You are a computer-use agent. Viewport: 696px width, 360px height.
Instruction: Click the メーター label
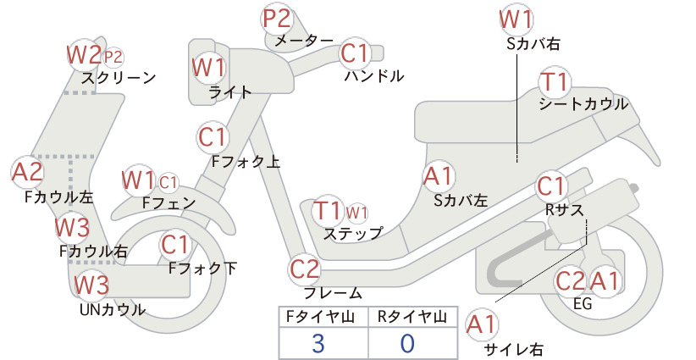(304, 41)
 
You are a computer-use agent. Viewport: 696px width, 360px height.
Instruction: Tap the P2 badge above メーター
(277, 19)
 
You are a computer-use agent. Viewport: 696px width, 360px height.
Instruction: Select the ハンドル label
(374, 76)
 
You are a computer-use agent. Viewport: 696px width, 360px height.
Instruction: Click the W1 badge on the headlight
(208, 68)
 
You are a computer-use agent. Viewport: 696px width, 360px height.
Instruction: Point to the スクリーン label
(119, 78)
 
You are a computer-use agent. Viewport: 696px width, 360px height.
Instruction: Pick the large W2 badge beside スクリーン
(84, 55)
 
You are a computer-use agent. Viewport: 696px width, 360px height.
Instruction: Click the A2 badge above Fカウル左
(28, 172)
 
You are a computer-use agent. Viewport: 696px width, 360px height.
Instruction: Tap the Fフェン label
(168, 202)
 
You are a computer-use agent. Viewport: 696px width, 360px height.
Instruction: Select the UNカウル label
(113, 309)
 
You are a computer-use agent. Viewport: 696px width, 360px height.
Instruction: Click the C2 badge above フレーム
(305, 269)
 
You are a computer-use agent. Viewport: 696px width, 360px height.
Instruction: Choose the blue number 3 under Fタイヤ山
(318, 344)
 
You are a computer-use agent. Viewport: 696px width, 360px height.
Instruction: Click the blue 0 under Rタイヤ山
(407, 344)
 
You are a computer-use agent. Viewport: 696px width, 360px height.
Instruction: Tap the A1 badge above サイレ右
(482, 324)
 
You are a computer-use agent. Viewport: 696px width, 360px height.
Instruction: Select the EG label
(583, 303)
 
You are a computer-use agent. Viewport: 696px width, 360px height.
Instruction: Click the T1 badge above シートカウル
(555, 82)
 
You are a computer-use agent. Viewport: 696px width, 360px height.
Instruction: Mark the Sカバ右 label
(533, 43)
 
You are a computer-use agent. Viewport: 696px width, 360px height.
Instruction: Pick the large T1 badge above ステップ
(328, 211)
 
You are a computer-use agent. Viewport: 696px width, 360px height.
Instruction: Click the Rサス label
(564, 209)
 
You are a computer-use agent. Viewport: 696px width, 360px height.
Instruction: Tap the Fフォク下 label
(202, 269)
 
